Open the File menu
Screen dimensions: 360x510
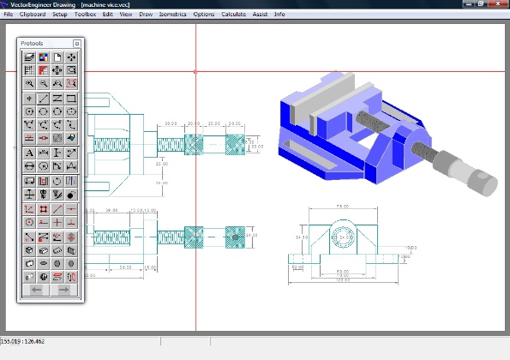coord(8,15)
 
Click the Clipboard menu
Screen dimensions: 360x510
coord(33,15)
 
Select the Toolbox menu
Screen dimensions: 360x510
coord(85,15)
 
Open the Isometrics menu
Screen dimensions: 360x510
coord(172,15)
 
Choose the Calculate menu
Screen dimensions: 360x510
coord(233,15)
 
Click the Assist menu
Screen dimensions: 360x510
coord(260,15)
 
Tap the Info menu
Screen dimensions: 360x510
coord(279,15)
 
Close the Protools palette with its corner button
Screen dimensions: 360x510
coord(77,43)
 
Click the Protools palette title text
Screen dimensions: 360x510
coord(33,43)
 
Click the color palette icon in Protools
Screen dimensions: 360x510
coord(43,57)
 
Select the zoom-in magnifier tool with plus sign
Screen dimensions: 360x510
coord(30,84)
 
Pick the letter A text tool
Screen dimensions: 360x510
coord(30,153)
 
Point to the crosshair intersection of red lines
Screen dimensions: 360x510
coord(195,71)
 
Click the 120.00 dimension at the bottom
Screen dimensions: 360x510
coord(342,279)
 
